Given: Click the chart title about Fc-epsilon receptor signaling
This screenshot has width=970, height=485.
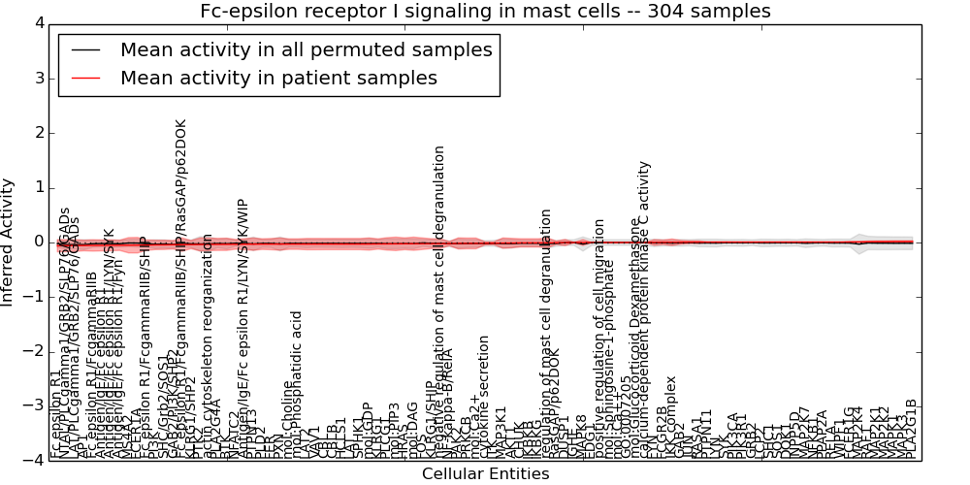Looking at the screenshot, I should [x=485, y=12].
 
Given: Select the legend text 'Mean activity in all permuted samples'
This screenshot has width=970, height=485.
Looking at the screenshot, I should [x=306, y=49].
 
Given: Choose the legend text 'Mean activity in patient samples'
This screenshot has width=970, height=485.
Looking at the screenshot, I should [x=278, y=78].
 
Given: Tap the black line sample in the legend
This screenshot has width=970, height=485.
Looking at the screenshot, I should [x=86, y=49].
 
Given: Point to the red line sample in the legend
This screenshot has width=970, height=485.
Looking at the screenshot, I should [x=86, y=78].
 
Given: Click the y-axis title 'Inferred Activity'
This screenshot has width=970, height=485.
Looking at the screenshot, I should [x=9, y=242].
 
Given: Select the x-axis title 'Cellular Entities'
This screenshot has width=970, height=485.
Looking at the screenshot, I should [x=485, y=474].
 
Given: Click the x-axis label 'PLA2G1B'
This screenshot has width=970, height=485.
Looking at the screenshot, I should [x=911, y=429].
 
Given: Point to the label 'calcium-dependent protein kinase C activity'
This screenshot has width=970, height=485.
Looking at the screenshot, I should [x=645, y=310].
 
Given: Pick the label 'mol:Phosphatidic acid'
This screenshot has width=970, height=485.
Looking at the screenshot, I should [x=297, y=385].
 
